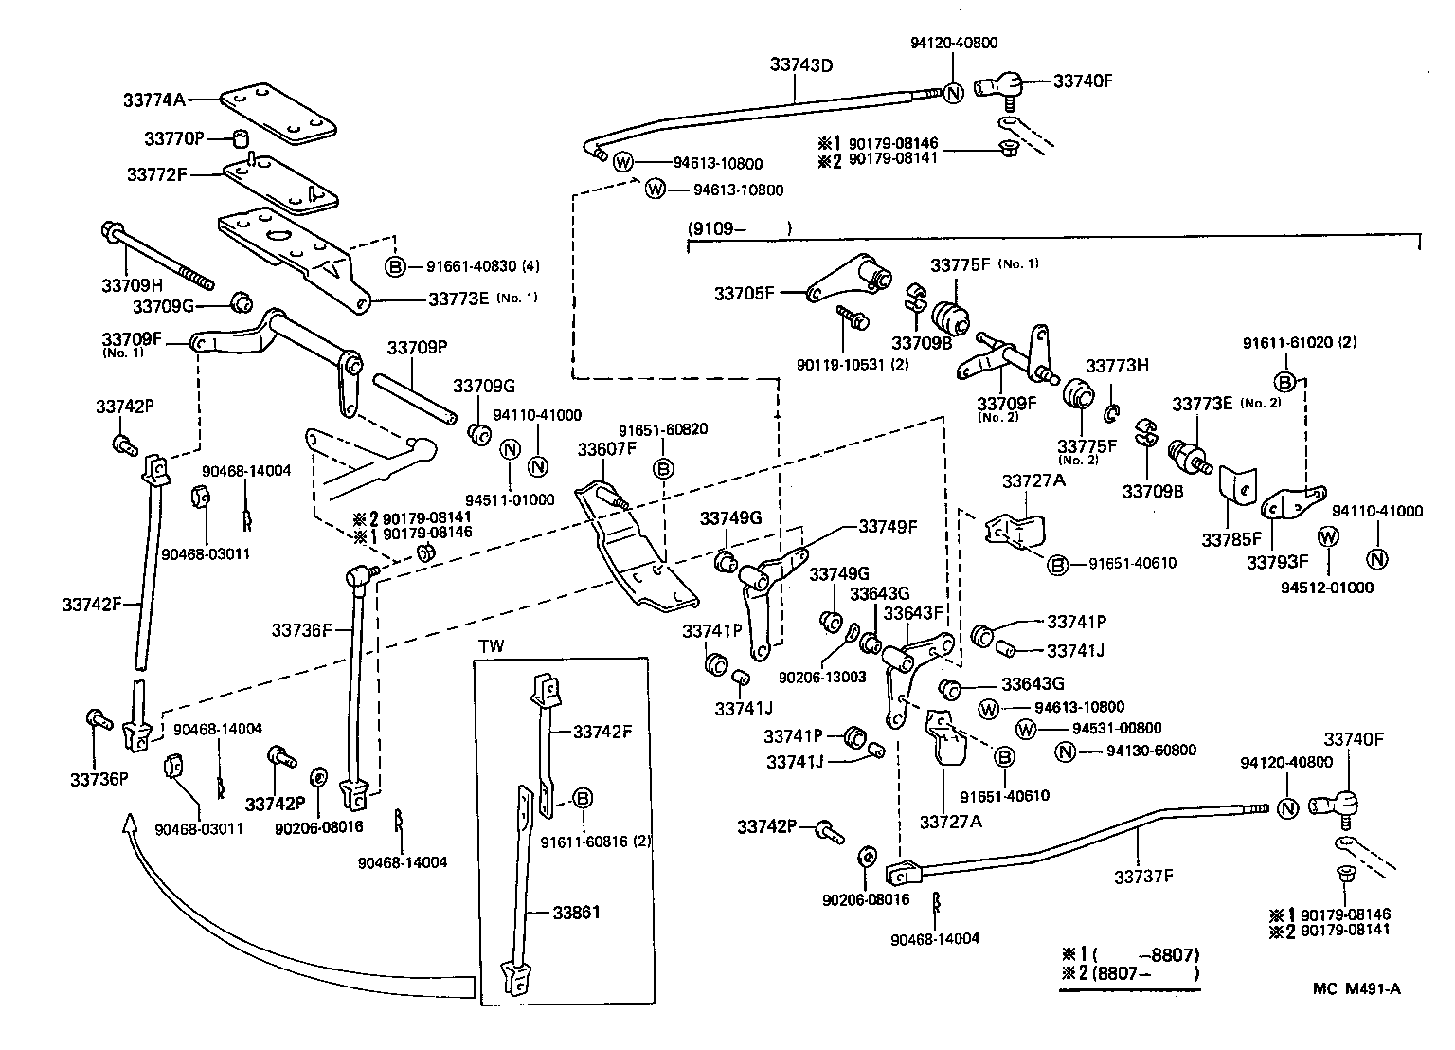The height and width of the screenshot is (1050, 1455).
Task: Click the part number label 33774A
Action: [155, 100]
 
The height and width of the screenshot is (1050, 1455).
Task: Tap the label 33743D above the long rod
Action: [800, 64]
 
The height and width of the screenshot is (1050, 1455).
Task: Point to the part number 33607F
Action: [607, 449]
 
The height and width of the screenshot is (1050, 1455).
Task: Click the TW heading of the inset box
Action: [492, 646]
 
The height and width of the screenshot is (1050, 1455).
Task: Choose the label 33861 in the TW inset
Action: [577, 913]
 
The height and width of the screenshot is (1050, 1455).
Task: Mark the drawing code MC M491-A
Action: [1356, 989]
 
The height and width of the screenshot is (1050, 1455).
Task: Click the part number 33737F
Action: [1142, 877]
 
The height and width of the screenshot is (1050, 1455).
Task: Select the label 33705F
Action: [744, 294]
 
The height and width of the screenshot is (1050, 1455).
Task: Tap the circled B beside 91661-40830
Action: [396, 266]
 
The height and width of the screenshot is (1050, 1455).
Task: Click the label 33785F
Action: [1232, 540]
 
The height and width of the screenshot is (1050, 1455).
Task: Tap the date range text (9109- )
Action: [739, 228]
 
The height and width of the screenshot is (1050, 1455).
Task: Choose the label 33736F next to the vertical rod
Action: [301, 629]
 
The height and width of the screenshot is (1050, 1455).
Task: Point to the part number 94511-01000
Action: [510, 499]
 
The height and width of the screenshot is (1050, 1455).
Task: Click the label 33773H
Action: [1117, 366]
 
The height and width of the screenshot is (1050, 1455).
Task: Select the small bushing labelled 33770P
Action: [242, 139]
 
